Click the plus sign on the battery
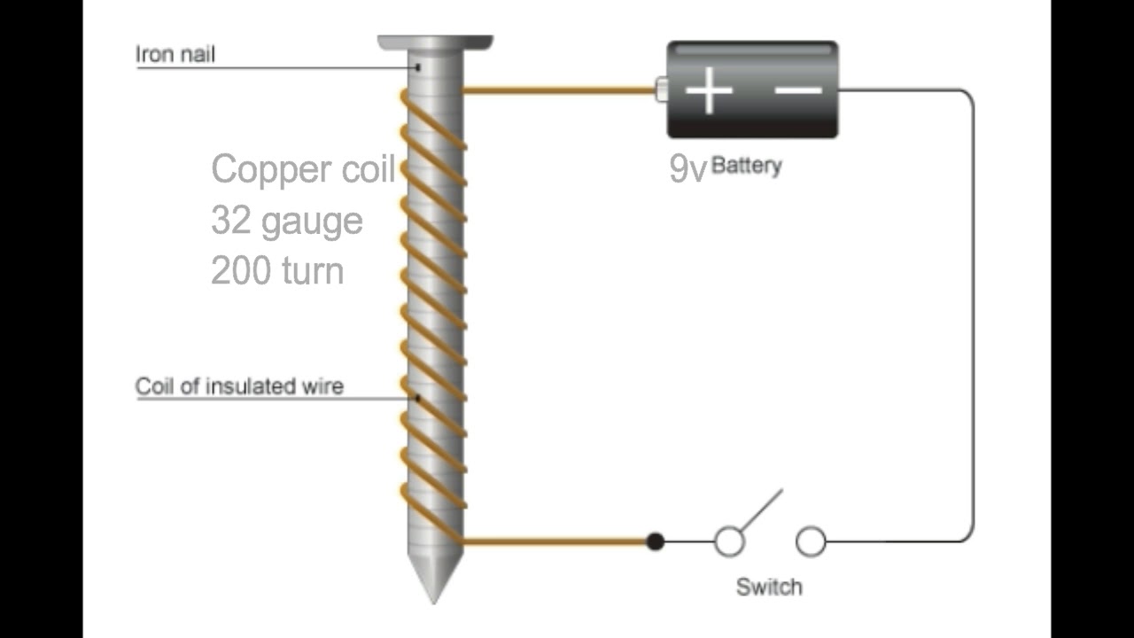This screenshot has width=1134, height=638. pyautogui.click(x=709, y=90)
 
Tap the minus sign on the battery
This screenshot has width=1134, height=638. pyautogui.click(x=798, y=89)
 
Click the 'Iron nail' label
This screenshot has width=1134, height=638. pyautogui.click(x=175, y=54)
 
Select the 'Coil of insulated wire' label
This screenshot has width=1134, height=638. pyautogui.click(x=239, y=386)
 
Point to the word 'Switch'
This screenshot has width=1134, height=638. pyautogui.click(x=769, y=587)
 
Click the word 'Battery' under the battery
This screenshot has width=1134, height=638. pyautogui.click(x=746, y=165)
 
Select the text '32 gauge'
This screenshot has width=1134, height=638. pyautogui.click(x=287, y=220)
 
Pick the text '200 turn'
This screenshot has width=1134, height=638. pyautogui.click(x=277, y=270)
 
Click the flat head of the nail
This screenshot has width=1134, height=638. pyautogui.click(x=435, y=42)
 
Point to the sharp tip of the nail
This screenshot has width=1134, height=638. pyautogui.click(x=434, y=595)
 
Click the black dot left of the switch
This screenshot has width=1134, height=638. pyautogui.click(x=655, y=541)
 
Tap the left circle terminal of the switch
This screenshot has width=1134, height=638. pyautogui.click(x=729, y=541)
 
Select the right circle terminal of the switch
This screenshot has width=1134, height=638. pyautogui.click(x=811, y=541)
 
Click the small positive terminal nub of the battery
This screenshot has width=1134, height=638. pyautogui.click(x=660, y=89)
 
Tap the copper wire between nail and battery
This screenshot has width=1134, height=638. pyautogui.click(x=558, y=89)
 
